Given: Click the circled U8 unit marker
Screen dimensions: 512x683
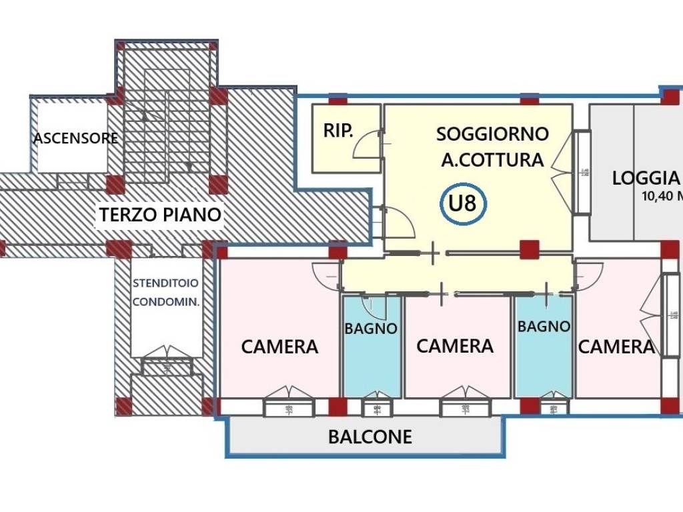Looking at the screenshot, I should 463,203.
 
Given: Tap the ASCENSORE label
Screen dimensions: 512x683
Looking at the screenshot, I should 75,139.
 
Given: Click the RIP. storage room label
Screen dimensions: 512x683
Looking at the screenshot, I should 339,131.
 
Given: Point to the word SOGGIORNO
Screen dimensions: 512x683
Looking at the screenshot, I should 492,134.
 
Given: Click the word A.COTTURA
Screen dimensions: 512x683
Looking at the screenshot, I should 492,160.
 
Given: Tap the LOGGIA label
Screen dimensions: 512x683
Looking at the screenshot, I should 646,178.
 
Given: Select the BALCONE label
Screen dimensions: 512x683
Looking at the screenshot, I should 370,437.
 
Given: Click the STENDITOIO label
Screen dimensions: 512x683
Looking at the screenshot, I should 165,283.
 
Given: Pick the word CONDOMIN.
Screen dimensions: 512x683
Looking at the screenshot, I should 165,301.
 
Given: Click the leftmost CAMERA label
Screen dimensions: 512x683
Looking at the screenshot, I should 279,347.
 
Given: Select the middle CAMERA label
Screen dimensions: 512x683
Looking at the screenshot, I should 455,346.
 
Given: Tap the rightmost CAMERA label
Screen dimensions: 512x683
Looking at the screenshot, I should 616,347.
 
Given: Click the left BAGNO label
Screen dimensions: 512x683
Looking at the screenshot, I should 371,329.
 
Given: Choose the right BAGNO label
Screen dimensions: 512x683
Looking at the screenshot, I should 544,327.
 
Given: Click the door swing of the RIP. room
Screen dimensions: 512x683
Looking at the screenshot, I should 366,145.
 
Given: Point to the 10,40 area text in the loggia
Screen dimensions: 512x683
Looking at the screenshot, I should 661,197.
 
